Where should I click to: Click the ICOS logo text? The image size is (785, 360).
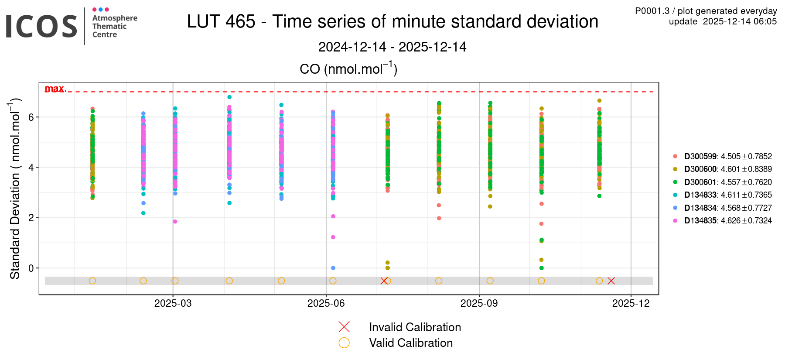(x=41, y=26)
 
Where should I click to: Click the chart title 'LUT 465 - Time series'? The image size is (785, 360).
(x=392, y=21)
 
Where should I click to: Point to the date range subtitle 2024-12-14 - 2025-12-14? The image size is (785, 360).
(x=392, y=47)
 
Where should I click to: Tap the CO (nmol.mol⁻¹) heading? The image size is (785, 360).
(x=348, y=69)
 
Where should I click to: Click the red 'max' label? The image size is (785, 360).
(x=55, y=89)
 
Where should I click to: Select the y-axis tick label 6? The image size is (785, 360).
(x=31, y=117)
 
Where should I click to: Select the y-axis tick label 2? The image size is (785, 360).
(x=31, y=218)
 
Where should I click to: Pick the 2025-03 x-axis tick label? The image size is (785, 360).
(x=173, y=303)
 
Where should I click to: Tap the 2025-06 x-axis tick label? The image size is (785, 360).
(x=326, y=303)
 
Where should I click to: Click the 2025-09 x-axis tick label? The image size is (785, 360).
(x=479, y=303)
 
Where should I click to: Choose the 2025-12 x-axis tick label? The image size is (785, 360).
(x=631, y=303)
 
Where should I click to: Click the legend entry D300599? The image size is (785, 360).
(x=700, y=156)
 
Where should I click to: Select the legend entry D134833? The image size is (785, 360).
(x=700, y=195)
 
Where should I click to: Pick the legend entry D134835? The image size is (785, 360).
(x=700, y=221)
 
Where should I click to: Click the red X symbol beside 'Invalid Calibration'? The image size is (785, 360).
(x=344, y=327)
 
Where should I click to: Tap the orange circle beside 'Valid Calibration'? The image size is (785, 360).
(x=344, y=343)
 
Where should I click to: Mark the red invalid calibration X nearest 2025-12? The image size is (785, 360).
(x=611, y=281)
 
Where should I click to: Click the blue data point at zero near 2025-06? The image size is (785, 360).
(x=333, y=268)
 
